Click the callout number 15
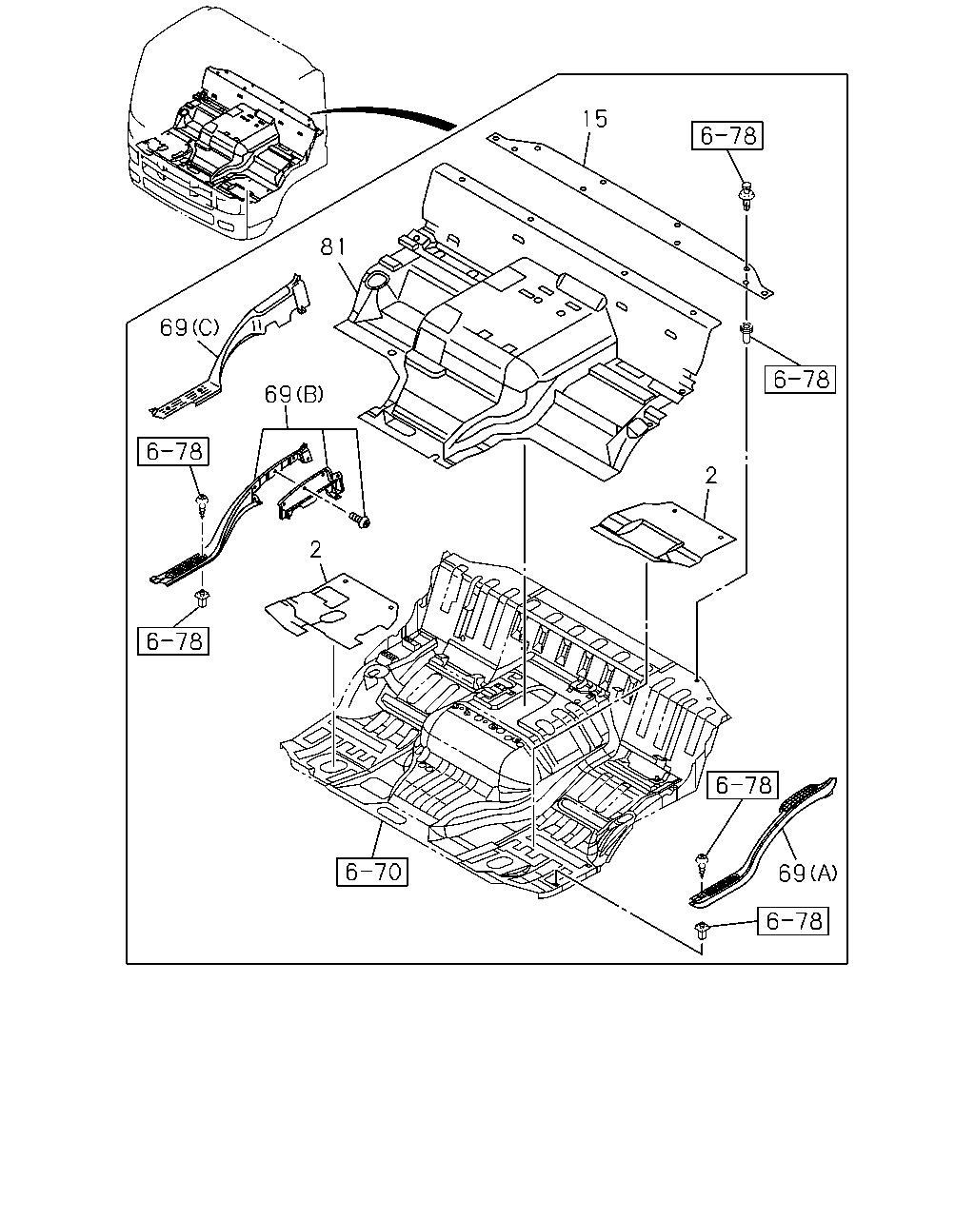tap(595, 119)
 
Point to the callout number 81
tap(333, 246)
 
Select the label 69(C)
tap(189, 327)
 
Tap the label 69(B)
tap(294, 394)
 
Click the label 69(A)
tap(807, 874)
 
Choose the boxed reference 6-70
tap(372, 872)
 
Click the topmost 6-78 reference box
tap(727, 136)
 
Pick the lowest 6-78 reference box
tap(793, 921)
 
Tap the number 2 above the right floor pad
tap(711, 476)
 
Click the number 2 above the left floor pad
tap(315, 550)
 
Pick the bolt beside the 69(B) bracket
tap(359, 519)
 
